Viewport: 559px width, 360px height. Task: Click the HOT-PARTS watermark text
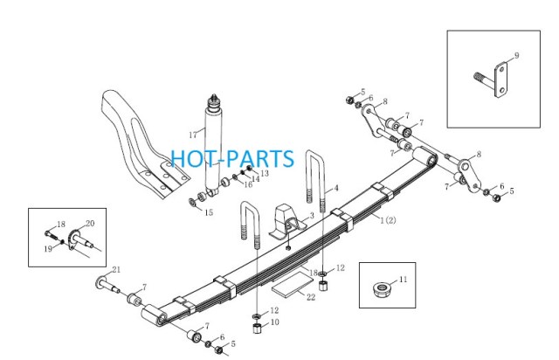[232, 158]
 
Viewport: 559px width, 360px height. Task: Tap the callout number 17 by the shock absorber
[193, 135]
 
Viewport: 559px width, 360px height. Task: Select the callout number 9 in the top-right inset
[516, 55]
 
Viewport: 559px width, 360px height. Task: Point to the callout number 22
[311, 297]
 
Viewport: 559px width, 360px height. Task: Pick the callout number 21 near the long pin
[116, 270]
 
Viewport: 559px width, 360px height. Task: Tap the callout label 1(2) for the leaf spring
[388, 220]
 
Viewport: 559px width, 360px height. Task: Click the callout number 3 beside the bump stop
[312, 216]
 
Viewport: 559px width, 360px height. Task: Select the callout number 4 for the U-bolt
[335, 188]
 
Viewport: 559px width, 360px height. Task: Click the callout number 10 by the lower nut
[275, 322]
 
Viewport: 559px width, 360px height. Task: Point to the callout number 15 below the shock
[209, 212]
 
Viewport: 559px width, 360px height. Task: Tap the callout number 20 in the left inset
[90, 224]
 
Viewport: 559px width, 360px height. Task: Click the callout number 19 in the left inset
[48, 249]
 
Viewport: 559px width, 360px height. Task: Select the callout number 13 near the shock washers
[265, 173]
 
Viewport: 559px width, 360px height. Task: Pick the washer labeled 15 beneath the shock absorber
[192, 203]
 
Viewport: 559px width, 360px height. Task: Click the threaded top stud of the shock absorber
[214, 99]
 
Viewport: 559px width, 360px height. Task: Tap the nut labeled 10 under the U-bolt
[258, 328]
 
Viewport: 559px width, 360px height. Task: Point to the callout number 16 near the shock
[248, 184]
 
